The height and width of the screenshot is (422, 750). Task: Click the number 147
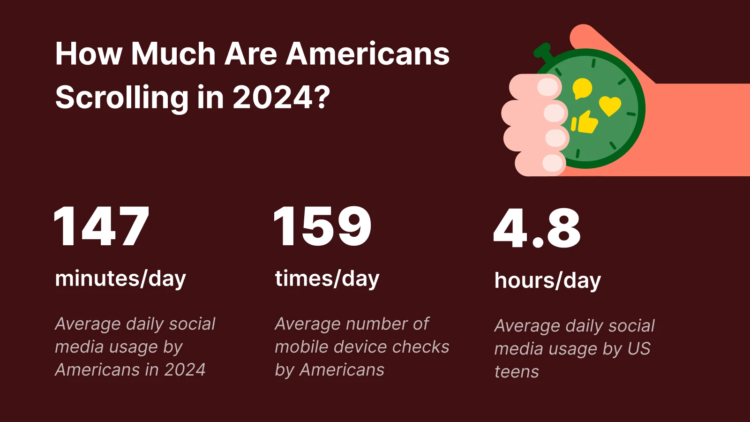pyautogui.click(x=101, y=226)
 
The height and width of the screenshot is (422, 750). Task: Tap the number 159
pyautogui.click(x=322, y=226)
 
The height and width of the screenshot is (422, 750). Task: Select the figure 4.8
pyautogui.click(x=537, y=228)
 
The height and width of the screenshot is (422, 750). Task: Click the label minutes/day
pyautogui.click(x=120, y=279)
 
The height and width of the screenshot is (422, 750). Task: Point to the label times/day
pyautogui.click(x=327, y=279)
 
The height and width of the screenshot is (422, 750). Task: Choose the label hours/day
pyautogui.click(x=547, y=281)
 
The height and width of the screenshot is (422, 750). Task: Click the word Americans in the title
pyautogui.click(x=368, y=54)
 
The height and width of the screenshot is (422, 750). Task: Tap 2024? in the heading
pyautogui.click(x=281, y=98)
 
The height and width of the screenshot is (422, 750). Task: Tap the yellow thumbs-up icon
pyautogui.click(x=585, y=123)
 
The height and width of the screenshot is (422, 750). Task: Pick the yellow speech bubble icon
pyautogui.click(x=582, y=88)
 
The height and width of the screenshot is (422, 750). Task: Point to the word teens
pyautogui.click(x=517, y=372)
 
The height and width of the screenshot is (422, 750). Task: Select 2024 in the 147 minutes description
pyautogui.click(x=185, y=370)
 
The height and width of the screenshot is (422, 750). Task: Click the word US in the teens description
pyautogui.click(x=639, y=349)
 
